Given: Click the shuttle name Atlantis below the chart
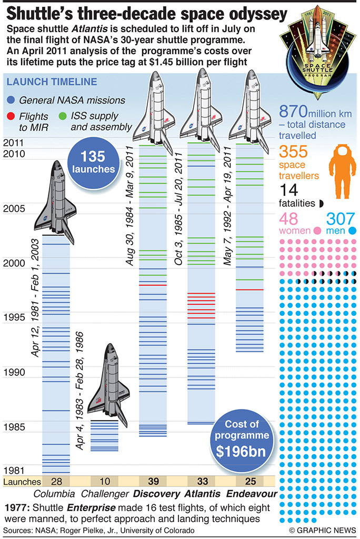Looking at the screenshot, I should point(202,494).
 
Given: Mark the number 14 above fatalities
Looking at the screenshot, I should point(289,191).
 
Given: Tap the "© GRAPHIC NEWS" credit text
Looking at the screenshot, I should point(323,531).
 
